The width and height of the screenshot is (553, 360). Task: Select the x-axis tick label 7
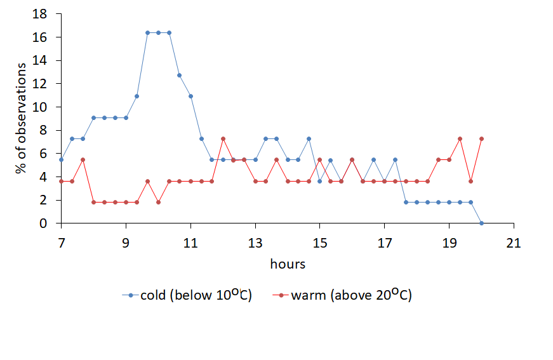tap(62, 243)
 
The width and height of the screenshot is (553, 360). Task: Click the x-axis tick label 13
tap(255, 243)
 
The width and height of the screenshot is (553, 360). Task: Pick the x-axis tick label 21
tap(514, 243)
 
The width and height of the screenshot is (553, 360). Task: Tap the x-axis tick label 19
tap(449, 243)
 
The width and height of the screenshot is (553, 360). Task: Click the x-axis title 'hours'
tap(288, 263)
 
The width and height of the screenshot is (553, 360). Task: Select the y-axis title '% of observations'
tap(22, 118)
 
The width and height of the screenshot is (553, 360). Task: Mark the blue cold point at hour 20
tap(481, 223)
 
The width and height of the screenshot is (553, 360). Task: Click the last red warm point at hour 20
tap(481, 138)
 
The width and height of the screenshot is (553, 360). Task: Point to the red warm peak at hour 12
tap(223, 138)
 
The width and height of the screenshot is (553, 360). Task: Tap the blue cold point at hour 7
tap(62, 160)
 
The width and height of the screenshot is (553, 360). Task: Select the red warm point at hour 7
tap(62, 181)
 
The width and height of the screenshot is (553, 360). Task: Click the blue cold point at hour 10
tap(158, 32)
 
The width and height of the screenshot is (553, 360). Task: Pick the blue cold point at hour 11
tap(190, 96)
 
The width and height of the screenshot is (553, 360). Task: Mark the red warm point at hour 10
tap(158, 202)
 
